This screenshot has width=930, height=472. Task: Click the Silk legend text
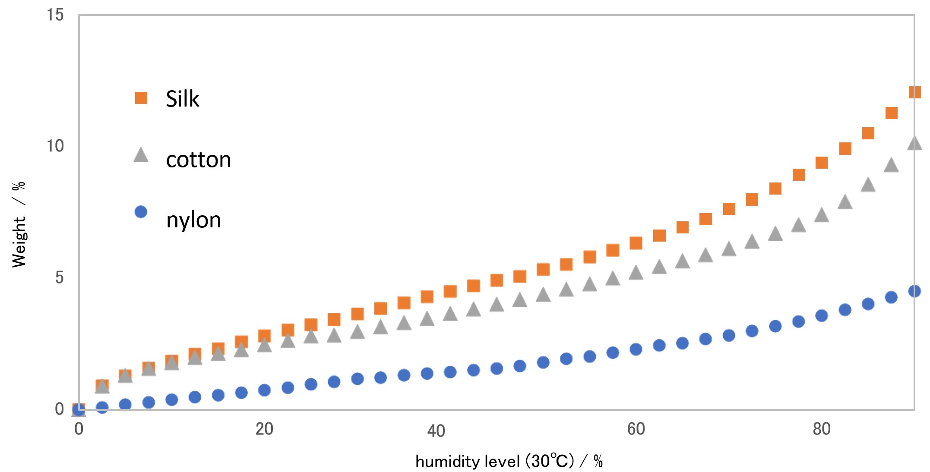182,99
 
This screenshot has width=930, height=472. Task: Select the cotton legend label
198,160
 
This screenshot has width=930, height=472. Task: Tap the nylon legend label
193,220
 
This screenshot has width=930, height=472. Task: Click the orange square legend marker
141,98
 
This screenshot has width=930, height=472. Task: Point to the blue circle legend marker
141,212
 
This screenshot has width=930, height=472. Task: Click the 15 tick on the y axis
55,15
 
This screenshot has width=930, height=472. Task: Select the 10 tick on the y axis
55,146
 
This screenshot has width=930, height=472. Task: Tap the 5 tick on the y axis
59,278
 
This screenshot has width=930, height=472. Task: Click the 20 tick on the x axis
264,429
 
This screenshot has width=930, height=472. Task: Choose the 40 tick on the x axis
436,431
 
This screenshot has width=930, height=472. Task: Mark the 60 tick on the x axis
636,429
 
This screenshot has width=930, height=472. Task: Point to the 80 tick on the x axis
822,429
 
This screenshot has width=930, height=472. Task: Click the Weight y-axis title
19,224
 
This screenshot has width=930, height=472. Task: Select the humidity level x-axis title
509,462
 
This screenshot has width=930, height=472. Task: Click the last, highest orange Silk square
914,92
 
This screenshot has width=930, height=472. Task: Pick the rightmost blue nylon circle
914,291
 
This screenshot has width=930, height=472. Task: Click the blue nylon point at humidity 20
264,390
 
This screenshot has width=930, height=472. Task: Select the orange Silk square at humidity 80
822,163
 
